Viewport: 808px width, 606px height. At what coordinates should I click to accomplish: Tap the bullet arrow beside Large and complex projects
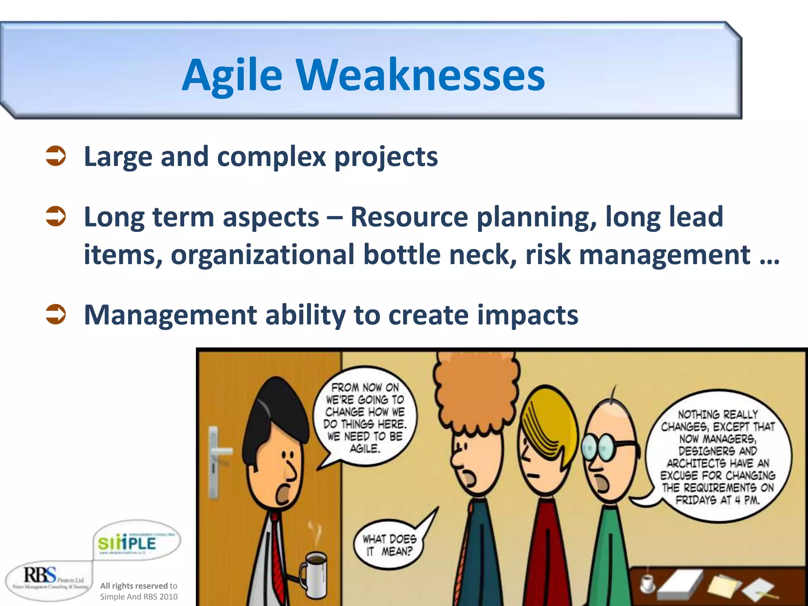tap(56, 156)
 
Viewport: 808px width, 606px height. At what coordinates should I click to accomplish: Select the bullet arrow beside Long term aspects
tap(56, 217)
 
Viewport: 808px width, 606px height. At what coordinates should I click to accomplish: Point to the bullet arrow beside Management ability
tap(56, 314)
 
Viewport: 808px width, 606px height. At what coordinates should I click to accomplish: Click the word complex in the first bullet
tap(271, 157)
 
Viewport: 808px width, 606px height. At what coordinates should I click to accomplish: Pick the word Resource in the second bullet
tap(409, 217)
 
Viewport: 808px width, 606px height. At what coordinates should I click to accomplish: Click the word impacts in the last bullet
tap(527, 315)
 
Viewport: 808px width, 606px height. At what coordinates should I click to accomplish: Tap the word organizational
tap(262, 254)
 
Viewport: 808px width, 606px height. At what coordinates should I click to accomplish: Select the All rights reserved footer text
tap(138, 591)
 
